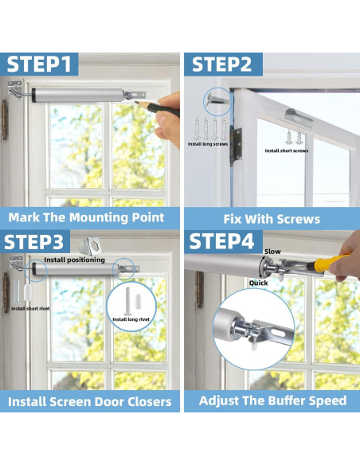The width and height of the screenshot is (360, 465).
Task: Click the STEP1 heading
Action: (x=39, y=64)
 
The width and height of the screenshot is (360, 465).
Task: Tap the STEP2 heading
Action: (x=221, y=64)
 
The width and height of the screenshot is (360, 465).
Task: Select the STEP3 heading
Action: (x=33, y=242)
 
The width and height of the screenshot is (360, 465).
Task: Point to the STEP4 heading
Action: (x=221, y=241)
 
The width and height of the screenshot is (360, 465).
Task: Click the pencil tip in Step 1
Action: (x=135, y=103)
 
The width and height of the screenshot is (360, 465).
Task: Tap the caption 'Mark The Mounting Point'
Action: (x=86, y=217)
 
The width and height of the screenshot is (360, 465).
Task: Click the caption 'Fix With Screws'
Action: (x=272, y=219)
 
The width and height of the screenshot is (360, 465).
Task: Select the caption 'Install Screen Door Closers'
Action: (x=89, y=401)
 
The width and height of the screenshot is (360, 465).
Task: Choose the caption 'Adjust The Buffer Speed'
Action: (x=272, y=401)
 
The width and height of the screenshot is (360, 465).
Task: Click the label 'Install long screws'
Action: (x=208, y=144)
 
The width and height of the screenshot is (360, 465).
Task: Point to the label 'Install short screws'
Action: (x=287, y=150)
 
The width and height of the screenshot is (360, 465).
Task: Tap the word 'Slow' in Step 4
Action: (x=272, y=252)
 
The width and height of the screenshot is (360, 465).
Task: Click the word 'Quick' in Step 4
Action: (x=258, y=283)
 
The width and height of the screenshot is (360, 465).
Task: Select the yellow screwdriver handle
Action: (x=327, y=263)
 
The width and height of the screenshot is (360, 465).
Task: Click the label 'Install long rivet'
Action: (x=131, y=319)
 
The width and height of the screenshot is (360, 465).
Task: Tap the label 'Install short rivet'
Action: (x=30, y=309)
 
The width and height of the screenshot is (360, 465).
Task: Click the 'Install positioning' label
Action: (x=74, y=260)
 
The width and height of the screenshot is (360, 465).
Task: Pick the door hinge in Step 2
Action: (x=236, y=145)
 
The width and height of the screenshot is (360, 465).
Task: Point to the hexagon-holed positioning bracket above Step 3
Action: (x=90, y=246)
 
